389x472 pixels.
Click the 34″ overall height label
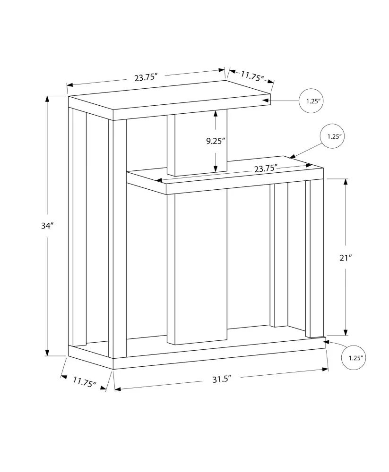point(47,226)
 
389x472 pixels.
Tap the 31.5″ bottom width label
point(222,379)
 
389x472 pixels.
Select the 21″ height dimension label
point(346,258)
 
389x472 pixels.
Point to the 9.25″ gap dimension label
point(216,141)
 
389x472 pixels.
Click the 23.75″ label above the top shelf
point(146,77)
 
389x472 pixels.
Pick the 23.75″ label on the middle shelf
point(266,169)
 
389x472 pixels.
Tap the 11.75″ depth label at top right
point(252,76)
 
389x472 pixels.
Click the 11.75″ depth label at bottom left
point(84,382)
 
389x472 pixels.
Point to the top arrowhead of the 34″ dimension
point(47,99)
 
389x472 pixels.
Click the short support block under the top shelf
point(197,143)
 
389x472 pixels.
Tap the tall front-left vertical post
point(120,239)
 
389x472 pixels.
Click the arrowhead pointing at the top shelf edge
point(266,101)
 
